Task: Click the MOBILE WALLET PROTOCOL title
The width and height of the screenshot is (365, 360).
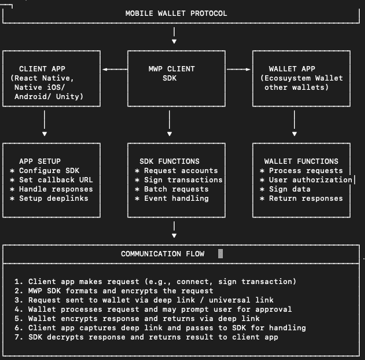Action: coord(176,13)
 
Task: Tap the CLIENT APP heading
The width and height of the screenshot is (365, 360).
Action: coord(42,69)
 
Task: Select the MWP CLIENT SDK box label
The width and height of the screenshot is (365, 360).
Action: coord(171,73)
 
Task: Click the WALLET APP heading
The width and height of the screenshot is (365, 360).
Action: coord(292,69)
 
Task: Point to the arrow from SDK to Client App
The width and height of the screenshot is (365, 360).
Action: coord(114,69)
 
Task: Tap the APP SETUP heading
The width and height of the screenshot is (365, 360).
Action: coord(40,161)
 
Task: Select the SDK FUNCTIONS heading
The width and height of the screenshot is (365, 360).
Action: coord(171,161)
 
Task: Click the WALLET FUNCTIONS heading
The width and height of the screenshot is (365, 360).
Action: coord(301,161)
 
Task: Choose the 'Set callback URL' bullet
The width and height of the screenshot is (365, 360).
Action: coord(52,180)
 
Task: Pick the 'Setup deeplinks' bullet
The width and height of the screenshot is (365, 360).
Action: coord(49,198)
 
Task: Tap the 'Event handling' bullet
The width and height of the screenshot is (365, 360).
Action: coord(171,198)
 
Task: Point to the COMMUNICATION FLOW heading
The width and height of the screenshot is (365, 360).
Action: coord(162,254)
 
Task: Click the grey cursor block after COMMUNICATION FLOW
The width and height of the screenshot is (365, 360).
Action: coord(220,254)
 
